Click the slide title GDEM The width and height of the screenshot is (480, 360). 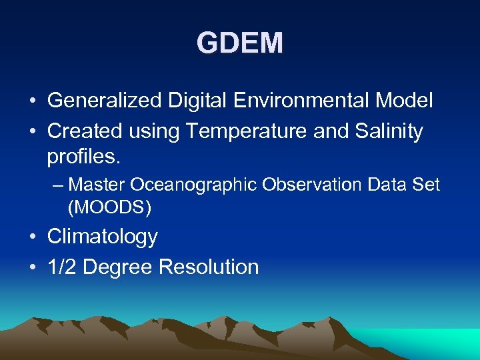[x=240, y=43]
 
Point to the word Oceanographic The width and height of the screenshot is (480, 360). [x=193, y=185]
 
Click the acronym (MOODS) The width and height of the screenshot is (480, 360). [x=110, y=207]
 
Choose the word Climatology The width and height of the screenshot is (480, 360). [x=103, y=237]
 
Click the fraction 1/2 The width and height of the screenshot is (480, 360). [x=62, y=267]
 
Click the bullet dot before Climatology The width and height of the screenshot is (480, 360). [x=33, y=237]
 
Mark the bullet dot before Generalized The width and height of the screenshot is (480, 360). [x=33, y=102]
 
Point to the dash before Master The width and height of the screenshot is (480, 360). [x=58, y=185]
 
